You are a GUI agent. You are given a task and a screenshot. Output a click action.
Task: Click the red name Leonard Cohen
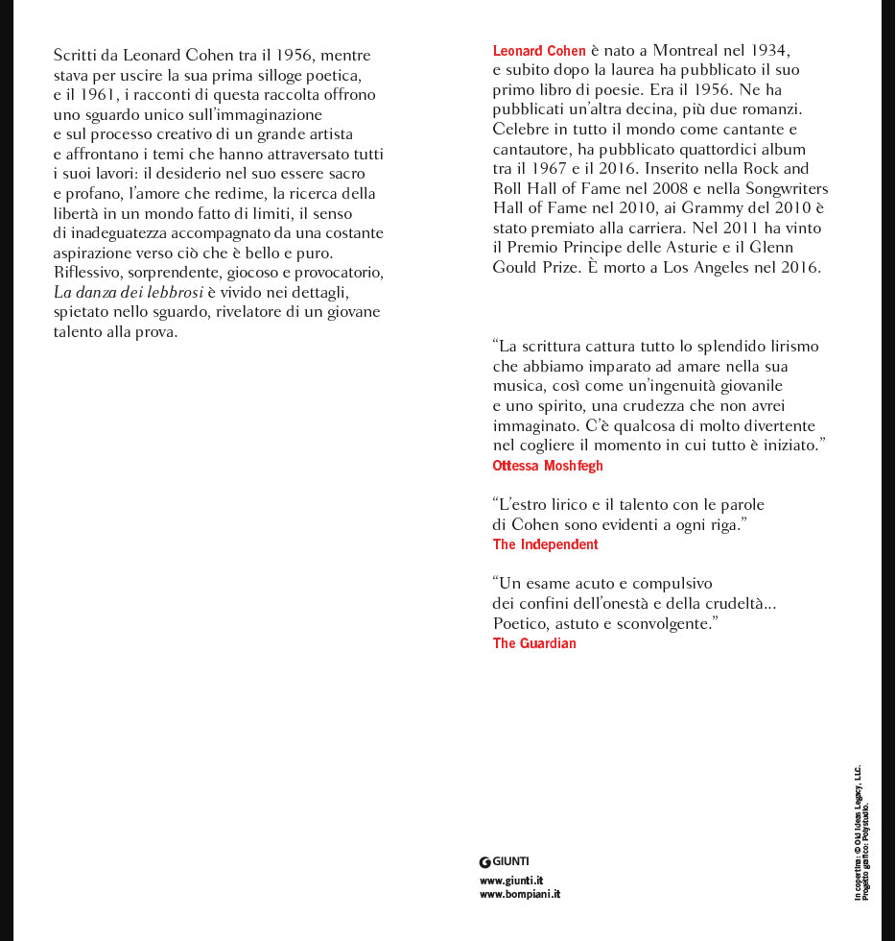coord(539,51)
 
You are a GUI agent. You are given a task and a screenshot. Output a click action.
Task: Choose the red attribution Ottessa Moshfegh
coord(548,466)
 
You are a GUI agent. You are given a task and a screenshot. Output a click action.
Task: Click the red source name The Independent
coord(545,544)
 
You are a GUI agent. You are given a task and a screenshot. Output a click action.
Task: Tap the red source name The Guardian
coord(534,643)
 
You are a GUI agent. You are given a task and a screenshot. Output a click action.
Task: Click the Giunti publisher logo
coord(505,861)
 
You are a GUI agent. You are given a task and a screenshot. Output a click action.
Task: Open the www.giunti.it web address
coord(512,881)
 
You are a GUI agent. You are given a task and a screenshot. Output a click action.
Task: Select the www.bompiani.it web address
coord(520,894)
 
